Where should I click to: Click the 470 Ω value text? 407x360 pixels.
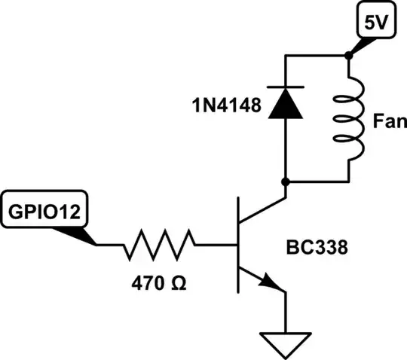coord(158,286)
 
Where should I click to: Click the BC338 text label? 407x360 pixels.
coord(317,246)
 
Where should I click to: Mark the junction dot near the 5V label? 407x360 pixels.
coord(349,56)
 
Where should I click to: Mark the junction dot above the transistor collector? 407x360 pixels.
coord(286,182)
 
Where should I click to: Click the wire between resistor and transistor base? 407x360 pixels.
coord(217,245)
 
